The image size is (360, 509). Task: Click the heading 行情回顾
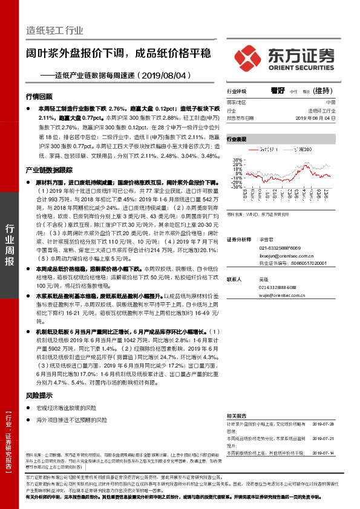(39, 97)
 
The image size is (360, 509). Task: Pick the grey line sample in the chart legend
(289, 149)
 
